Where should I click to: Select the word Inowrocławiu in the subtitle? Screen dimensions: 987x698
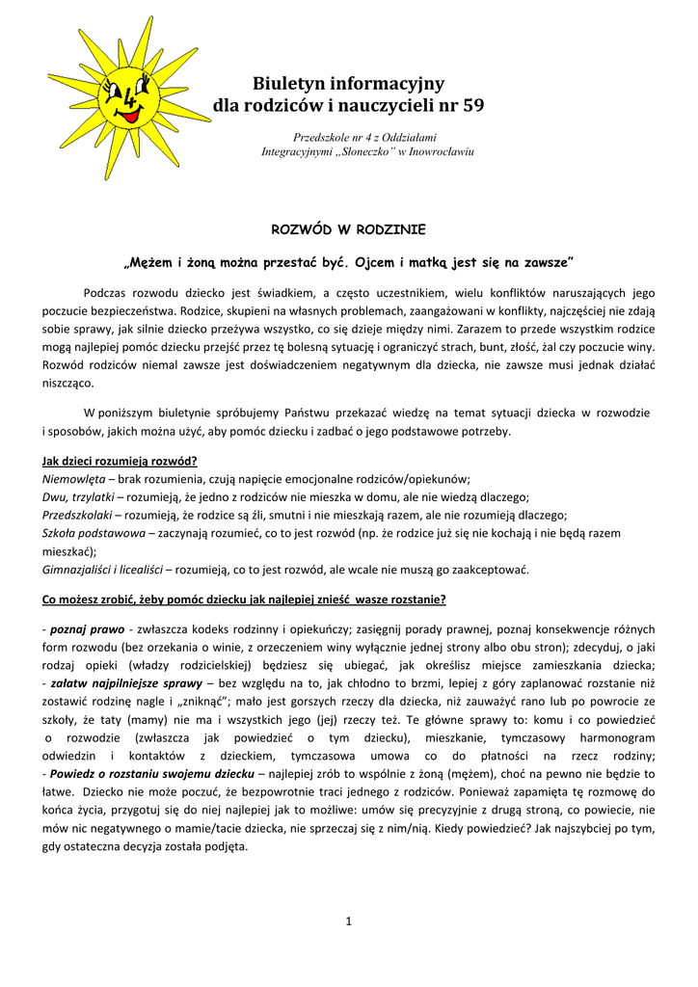[441, 153]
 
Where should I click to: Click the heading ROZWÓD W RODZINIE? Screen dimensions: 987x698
[348, 230]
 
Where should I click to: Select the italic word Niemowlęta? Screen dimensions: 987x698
[73, 479]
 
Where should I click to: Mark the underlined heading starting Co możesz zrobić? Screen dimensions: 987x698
[244, 600]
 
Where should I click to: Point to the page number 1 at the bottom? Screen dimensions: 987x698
[348, 921]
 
